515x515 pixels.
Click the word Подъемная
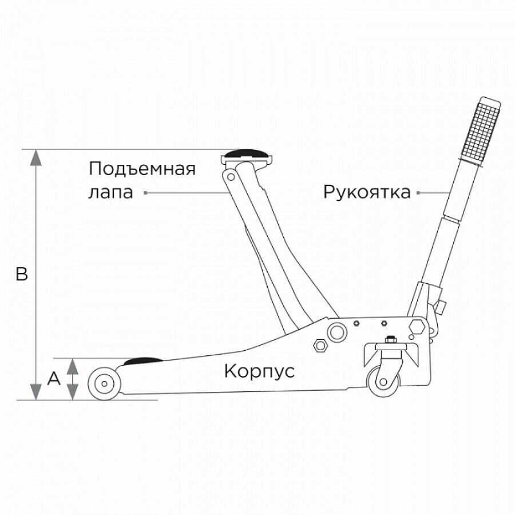click(142, 169)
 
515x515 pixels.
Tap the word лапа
click(110, 192)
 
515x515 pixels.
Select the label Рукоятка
click(367, 192)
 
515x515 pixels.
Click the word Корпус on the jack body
click(259, 371)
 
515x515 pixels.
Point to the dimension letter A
click(54, 378)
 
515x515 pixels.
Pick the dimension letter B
click(22, 275)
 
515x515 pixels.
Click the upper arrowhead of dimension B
click(36, 158)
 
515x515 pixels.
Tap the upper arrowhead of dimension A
click(72, 366)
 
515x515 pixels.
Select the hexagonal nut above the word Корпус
click(319, 345)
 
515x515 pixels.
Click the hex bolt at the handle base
click(417, 327)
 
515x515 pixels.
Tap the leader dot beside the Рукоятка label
click(418, 193)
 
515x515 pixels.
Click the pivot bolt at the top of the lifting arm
click(232, 176)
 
